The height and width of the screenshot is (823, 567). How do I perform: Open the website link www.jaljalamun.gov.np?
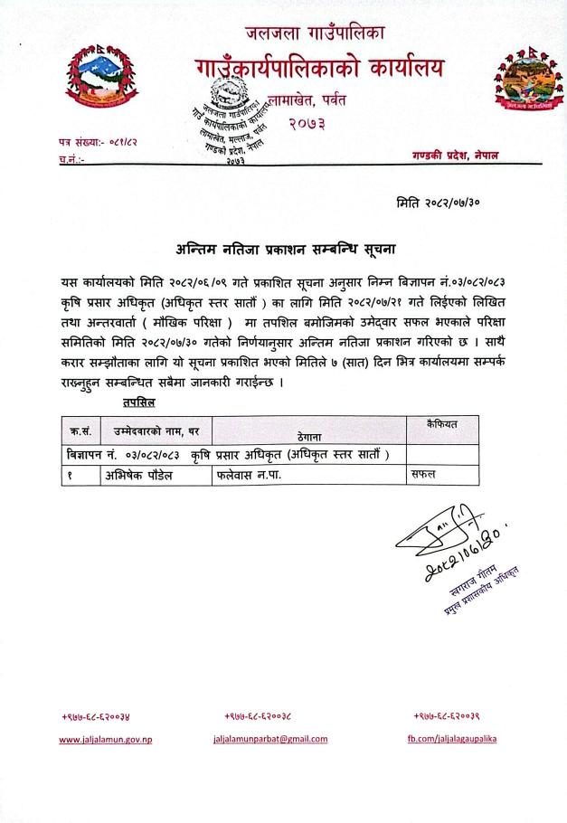[106, 739]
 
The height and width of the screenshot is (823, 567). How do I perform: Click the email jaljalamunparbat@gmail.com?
[269, 739]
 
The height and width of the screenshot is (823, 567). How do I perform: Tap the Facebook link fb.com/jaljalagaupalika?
[451, 739]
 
